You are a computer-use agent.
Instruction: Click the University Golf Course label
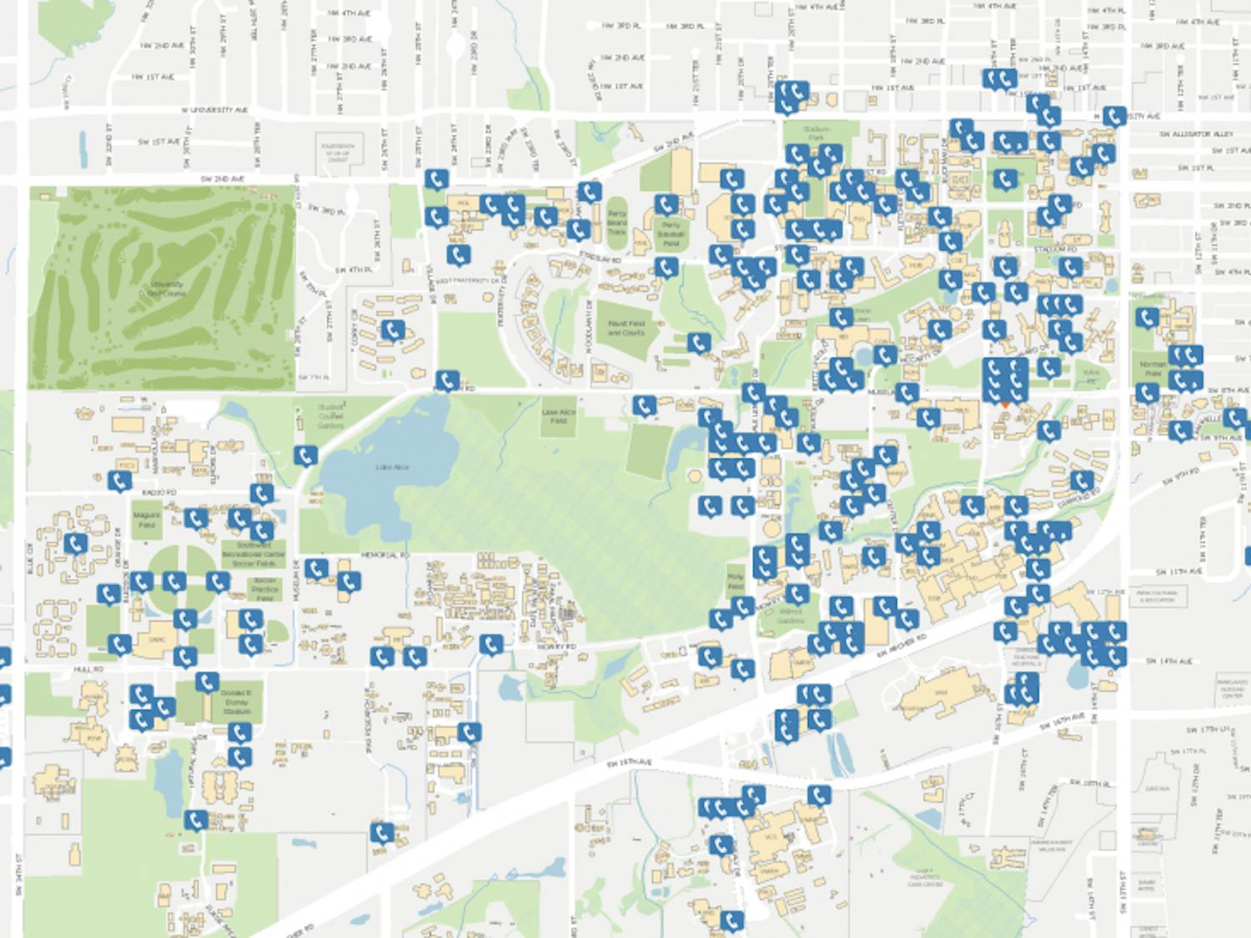pos(165,288)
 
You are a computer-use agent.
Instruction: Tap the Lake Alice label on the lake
pos(391,467)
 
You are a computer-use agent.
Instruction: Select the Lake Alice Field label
pos(558,416)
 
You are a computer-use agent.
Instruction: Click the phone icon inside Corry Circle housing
pos(392,330)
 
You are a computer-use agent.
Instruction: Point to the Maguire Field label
pos(147,520)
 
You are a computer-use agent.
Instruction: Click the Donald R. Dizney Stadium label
pos(236,702)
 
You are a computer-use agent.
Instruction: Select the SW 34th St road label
pos(18,874)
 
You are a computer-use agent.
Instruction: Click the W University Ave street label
pos(214,110)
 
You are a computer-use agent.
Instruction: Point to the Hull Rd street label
pos(88,670)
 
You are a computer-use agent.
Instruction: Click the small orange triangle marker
pos(1006,404)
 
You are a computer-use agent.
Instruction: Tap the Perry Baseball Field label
pos(671,233)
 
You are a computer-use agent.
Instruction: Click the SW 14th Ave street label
pos(1168,661)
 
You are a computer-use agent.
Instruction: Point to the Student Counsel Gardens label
pos(330,416)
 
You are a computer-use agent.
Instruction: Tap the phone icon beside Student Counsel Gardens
pos(305,455)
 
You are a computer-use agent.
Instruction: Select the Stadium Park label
pos(816,133)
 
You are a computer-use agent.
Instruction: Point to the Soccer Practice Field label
pos(264,589)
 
